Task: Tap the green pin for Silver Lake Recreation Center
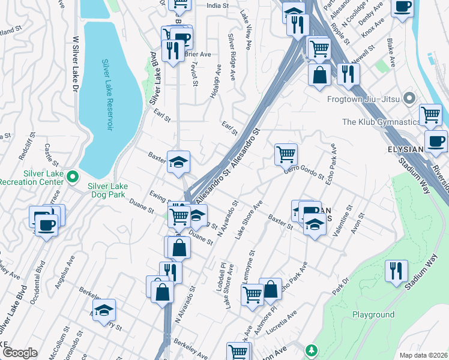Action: click(73, 176)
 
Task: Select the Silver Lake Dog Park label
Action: click(113, 191)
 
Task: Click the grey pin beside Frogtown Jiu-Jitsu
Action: click(410, 97)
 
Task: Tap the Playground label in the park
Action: click(373, 314)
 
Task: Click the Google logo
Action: click(20, 353)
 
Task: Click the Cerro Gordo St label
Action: click(298, 171)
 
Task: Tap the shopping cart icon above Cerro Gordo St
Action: click(286, 154)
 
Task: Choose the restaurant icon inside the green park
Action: click(397, 271)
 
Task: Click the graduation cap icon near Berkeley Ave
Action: click(104, 310)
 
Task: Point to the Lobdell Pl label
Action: click(222, 277)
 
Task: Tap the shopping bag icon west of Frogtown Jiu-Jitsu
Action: click(319, 75)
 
